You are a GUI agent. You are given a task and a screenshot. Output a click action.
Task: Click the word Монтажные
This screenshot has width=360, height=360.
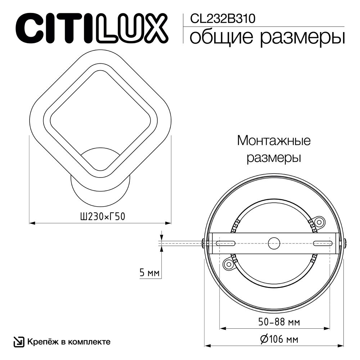[274, 140]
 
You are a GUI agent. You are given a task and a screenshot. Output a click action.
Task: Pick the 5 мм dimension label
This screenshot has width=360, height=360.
[149, 273]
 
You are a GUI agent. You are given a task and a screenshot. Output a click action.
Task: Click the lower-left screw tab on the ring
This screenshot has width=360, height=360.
[228, 265]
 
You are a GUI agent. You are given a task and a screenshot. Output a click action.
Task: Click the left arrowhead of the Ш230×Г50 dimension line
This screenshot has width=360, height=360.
[32, 223]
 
